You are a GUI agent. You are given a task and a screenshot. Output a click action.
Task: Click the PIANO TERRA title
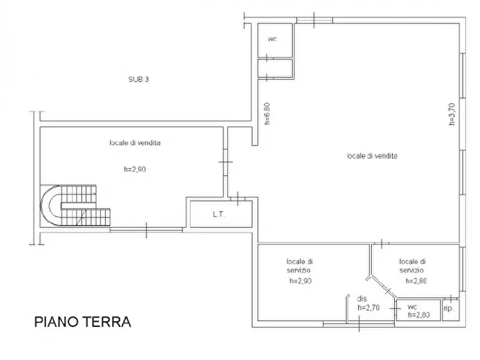pyautogui.click(x=83, y=322)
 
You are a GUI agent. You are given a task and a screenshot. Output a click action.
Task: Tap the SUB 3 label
pyautogui.click(x=139, y=80)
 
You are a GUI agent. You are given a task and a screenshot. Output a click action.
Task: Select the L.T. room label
pyautogui.click(x=219, y=214)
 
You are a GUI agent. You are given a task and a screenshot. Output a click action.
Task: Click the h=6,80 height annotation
pyautogui.click(x=267, y=113)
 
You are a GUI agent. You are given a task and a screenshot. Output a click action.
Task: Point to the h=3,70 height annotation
pyautogui.click(x=452, y=114)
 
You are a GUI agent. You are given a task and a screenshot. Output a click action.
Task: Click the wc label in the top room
pyautogui.click(x=273, y=39)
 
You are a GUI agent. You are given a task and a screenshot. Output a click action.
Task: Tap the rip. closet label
pyautogui.click(x=448, y=308)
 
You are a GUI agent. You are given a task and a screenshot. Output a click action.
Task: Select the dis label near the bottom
pyautogui.click(x=362, y=298)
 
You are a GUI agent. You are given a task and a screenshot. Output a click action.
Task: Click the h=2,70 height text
pyautogui.click(x=369, y=307)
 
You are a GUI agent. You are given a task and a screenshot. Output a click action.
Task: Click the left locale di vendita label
pyautogui.click(x=135, y=142)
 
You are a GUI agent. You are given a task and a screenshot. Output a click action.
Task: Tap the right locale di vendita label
pyautogui.click(x=372, y=156)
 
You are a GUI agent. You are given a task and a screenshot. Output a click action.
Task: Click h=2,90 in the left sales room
pyautogui.click(x=135, y=169)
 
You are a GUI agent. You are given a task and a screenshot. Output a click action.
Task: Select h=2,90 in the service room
pyautogui.click(x=300, y=280)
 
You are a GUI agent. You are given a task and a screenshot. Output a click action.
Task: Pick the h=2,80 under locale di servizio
pyautogui.click(x=416, y=280)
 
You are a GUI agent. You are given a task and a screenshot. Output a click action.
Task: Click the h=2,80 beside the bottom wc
pyautogui.click(x=419, y=315)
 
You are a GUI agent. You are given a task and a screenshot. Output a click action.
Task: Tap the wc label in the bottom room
pyautogui.click(x=412, y=307)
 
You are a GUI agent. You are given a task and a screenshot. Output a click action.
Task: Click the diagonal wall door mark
pyautogui.click(x=388, y=291)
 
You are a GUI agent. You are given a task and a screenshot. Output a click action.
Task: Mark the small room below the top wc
pyautogui.click(x=275, y=68)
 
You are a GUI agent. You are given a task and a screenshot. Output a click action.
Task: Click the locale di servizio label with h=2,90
pyautogui.click(x=300, y=266)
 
